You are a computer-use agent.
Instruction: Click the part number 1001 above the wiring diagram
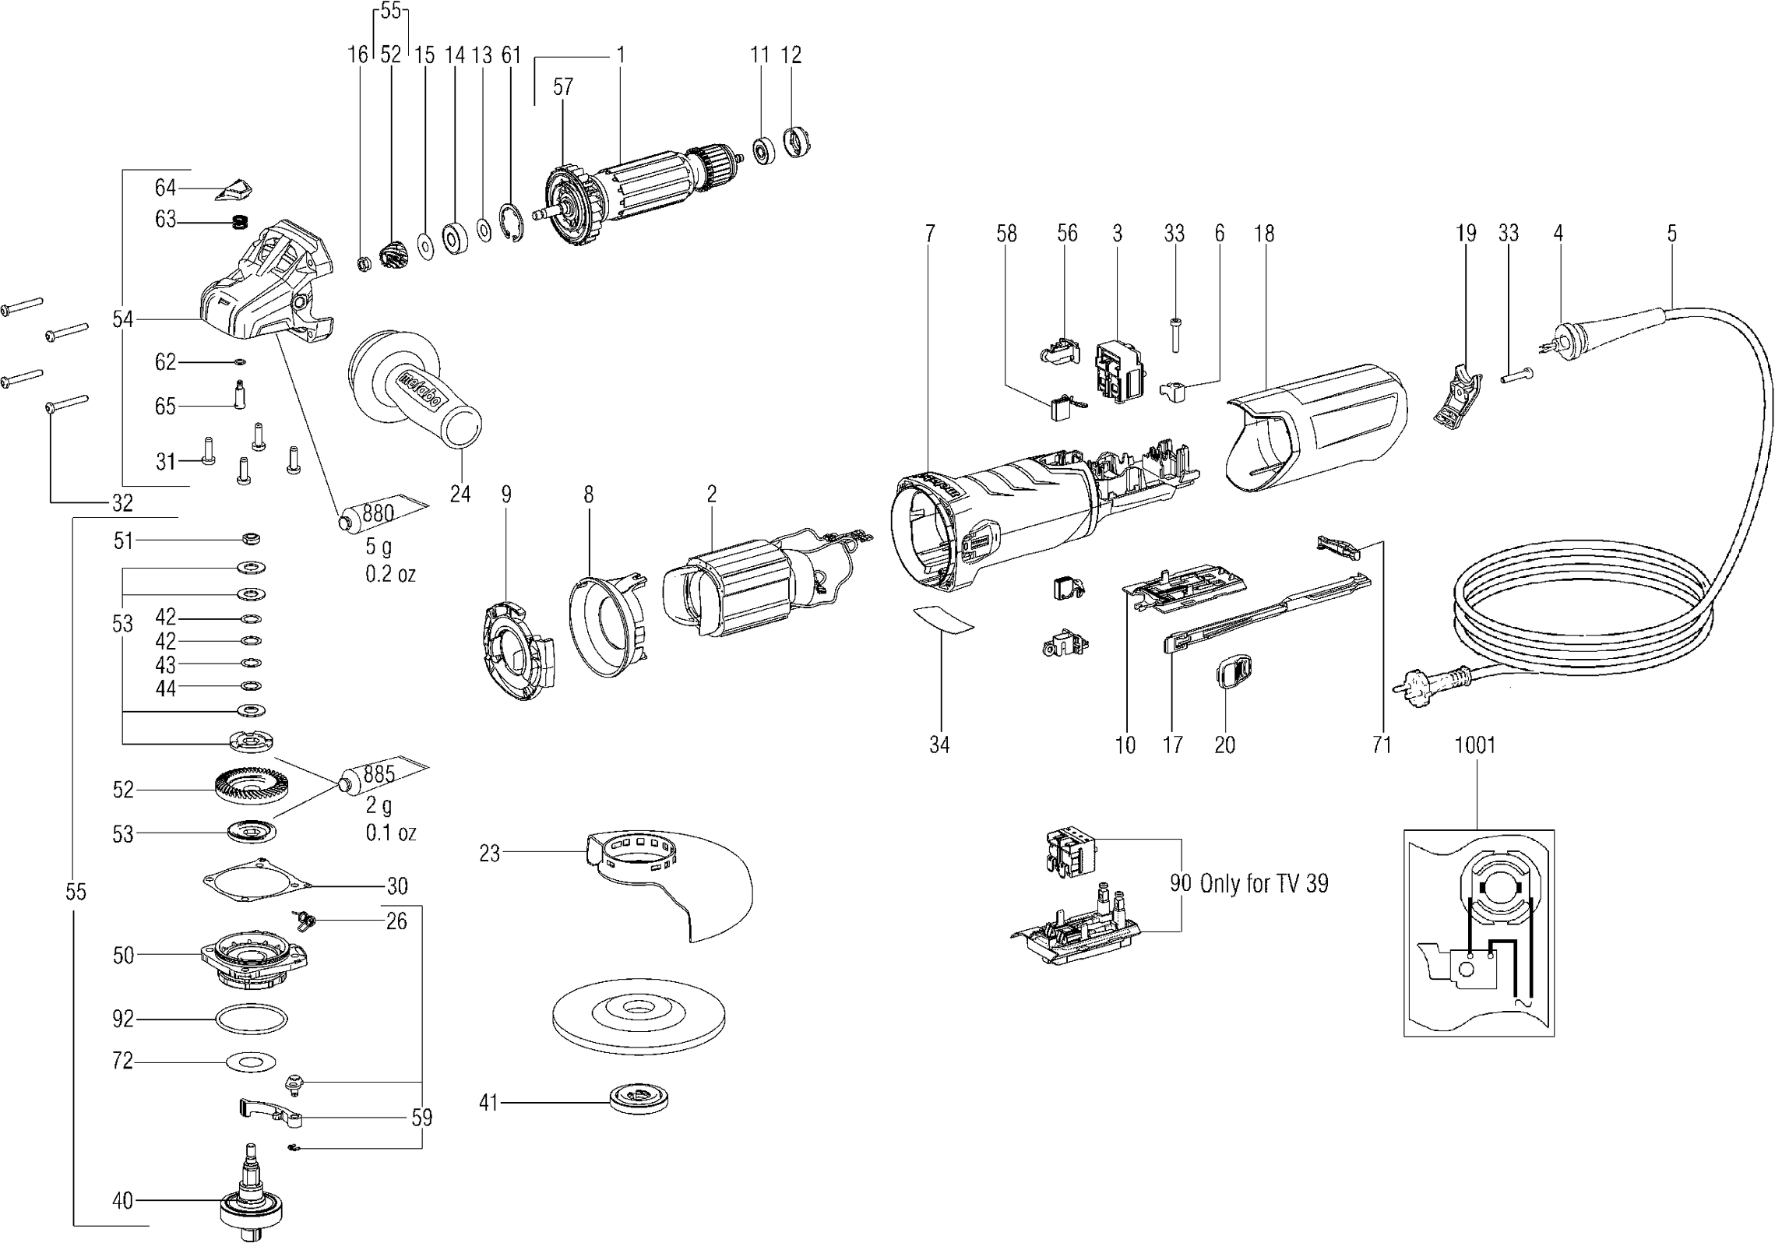1475,745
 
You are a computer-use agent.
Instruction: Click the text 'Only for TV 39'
1264,883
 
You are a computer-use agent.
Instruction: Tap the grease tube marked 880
382,513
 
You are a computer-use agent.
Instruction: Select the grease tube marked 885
382,775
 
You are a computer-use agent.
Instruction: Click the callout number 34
939,745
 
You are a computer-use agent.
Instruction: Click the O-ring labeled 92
251,1019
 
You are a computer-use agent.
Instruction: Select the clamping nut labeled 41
638,1099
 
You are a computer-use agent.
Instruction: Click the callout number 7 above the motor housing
929,233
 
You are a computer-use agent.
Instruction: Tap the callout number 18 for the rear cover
1264,233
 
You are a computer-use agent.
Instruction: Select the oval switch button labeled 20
1233,671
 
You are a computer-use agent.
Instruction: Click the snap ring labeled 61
511,226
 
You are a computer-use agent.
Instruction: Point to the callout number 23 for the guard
489,854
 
